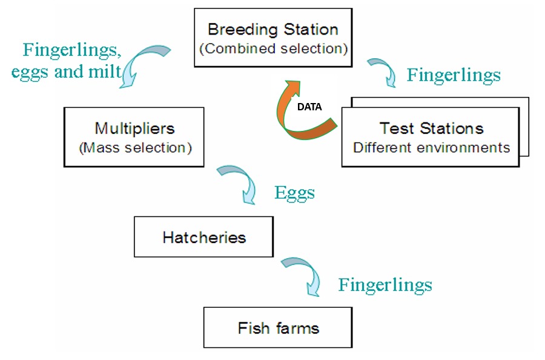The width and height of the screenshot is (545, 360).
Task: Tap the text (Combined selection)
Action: tap(276, 48)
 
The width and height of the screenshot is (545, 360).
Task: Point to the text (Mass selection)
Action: tap(134, 147)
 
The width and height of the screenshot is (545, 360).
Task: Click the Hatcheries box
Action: tap(204, 236)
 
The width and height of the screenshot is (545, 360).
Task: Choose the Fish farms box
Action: tap(278, 328)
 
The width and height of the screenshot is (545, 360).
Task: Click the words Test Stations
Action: tap(431, 128)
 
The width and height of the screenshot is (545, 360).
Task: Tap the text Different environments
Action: tap(431, 147)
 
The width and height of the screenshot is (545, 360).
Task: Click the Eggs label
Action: tap(294, 193)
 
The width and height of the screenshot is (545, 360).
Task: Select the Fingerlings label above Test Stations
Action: tap(454, 75)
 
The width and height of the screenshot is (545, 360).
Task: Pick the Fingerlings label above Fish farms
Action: tap(385, 285)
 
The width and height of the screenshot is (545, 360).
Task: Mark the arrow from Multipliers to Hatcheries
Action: tap(239, 182)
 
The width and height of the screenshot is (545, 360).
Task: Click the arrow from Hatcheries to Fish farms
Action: tap(305, 274)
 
